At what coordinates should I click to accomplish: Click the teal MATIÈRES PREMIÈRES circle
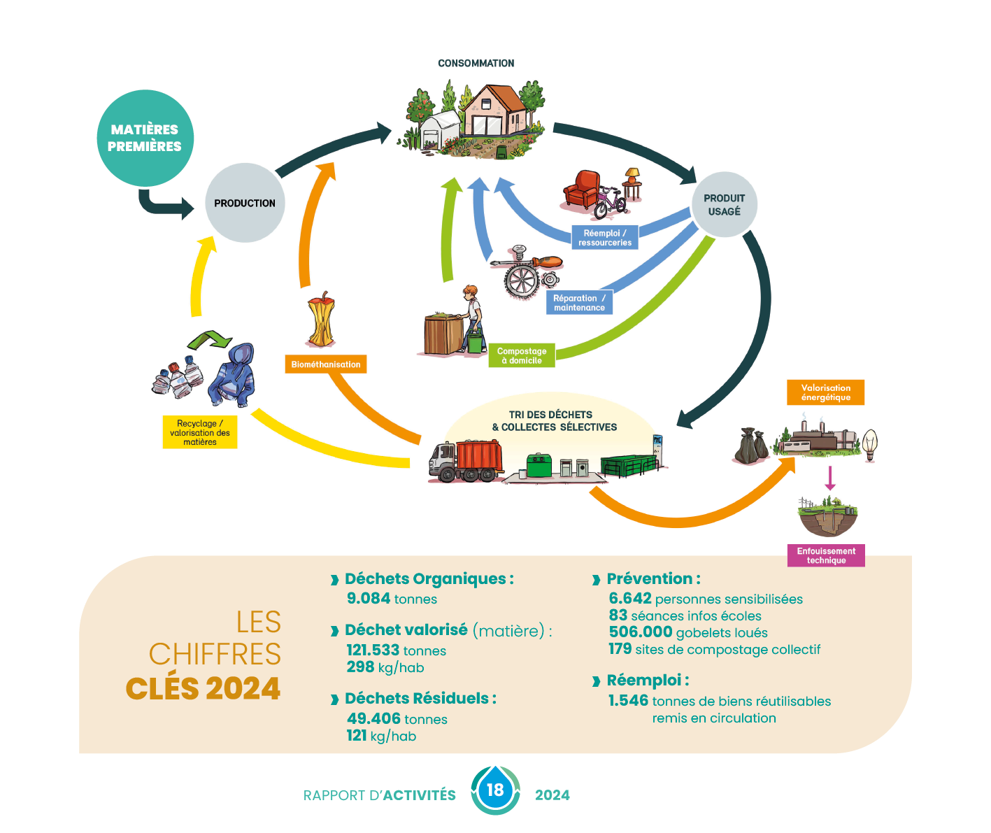pyautogui.click(x=145, y=138)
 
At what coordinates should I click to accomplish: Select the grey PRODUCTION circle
pyautogui.click(x=245, y=203)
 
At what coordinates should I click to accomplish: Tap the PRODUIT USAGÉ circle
pyautogui.click(x=725, y=205)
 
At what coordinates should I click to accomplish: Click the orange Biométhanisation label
pyautogui.click(x=326, y=364)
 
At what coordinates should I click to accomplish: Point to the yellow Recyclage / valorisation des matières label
pyautogui.click(x=200, y=432)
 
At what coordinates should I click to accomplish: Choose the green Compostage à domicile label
pyautogui.click(x=522, y=355)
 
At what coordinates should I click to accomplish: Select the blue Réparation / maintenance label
pyautogui.click(x=579, y=303)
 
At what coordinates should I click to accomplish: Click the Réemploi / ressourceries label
pyautogui.click(x=605, y=238)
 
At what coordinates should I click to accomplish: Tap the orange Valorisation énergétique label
pyautogui.click(x=826, y=392)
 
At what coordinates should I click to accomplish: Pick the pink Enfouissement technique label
pyautogui.click(x=826, y=555)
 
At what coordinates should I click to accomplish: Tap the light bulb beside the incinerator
pyautogui.click(x=870, y=443)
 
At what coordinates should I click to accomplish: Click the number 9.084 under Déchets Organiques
pyautogui.click(x=369, y=599)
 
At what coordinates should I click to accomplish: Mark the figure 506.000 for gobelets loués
pyautogui.click(x=641, y=632)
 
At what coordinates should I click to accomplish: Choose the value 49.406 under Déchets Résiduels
pyautogui.click(x=373, y=719)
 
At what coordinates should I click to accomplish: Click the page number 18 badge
pyautogui.click(x=495, y=790)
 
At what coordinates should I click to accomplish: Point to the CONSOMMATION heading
pyautogui.click(x=476, y=63)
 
